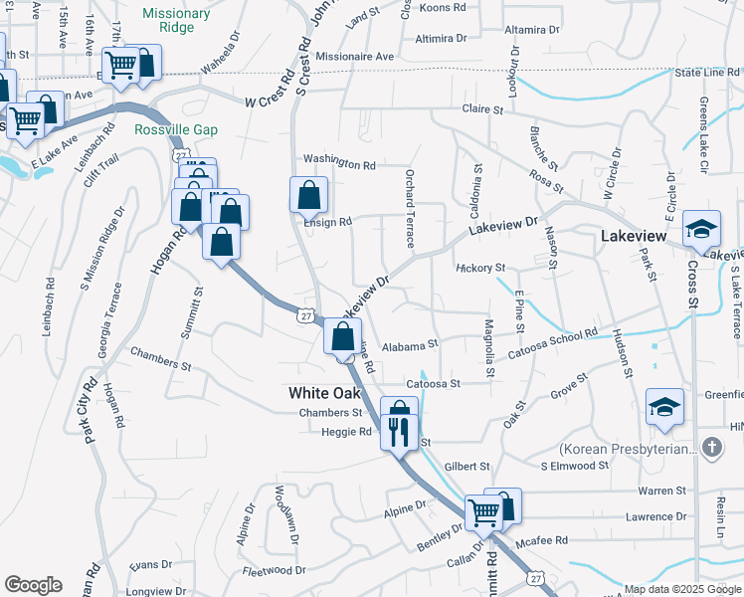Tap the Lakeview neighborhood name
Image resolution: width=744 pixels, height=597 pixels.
[634, 237]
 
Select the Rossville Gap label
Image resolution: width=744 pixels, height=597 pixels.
[175, 130]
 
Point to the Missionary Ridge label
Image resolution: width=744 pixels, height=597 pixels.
[176, 21]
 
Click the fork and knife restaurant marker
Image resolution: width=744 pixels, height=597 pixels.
[399, 431]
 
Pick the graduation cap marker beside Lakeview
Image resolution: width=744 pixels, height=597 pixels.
[701, 231]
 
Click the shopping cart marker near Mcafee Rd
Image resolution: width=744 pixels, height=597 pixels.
[484, 512]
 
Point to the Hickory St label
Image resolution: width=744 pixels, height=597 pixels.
[481, 268]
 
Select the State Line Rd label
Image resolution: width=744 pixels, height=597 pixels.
[708, 73]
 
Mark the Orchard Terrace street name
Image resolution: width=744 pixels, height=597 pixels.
[409, 208]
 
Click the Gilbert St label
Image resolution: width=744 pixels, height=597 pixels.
[467, 466]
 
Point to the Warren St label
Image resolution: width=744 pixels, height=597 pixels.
[662, 491]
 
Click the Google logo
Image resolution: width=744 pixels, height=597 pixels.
[33, 585]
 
